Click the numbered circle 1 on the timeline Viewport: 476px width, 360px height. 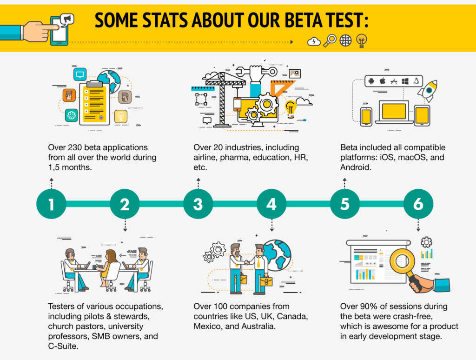pyautogui.click(x=51, y=204)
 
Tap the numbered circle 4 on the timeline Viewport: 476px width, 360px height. pyautogui.click(x=271, y=204)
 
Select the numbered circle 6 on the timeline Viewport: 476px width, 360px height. pyautogui.click(x=418, y=204)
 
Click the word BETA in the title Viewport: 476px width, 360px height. pyautogui.click(x=304, y=20)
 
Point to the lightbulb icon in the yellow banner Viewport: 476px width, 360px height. pyautogui.click(x=361, y=41)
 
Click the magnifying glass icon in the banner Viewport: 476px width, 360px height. pyautogui.click(x=330, y=40)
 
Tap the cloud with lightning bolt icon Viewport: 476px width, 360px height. pyautogui.click(x=314, y=41)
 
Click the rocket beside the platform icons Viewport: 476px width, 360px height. pyautogui.click(x=428, y=91)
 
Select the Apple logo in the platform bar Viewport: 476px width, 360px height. pyautogui.click(x=383, y=81)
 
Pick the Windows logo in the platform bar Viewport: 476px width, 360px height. pyautogui.click(x=405, y=81)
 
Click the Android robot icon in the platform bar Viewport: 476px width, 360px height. pyautogui.click(x=371, y=81)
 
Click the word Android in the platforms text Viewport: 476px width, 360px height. pyautogui.click(x=355, y=167)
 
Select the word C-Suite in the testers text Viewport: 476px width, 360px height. pyautogui.click(x=63, y=346)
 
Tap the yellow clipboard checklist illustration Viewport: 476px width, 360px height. pyautogui.click(x=94, y=103)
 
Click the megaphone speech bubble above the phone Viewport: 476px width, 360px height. pyautogui.click(x=67, y=20)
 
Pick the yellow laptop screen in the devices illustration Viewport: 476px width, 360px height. pyautogui.click(x=394, y=111)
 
